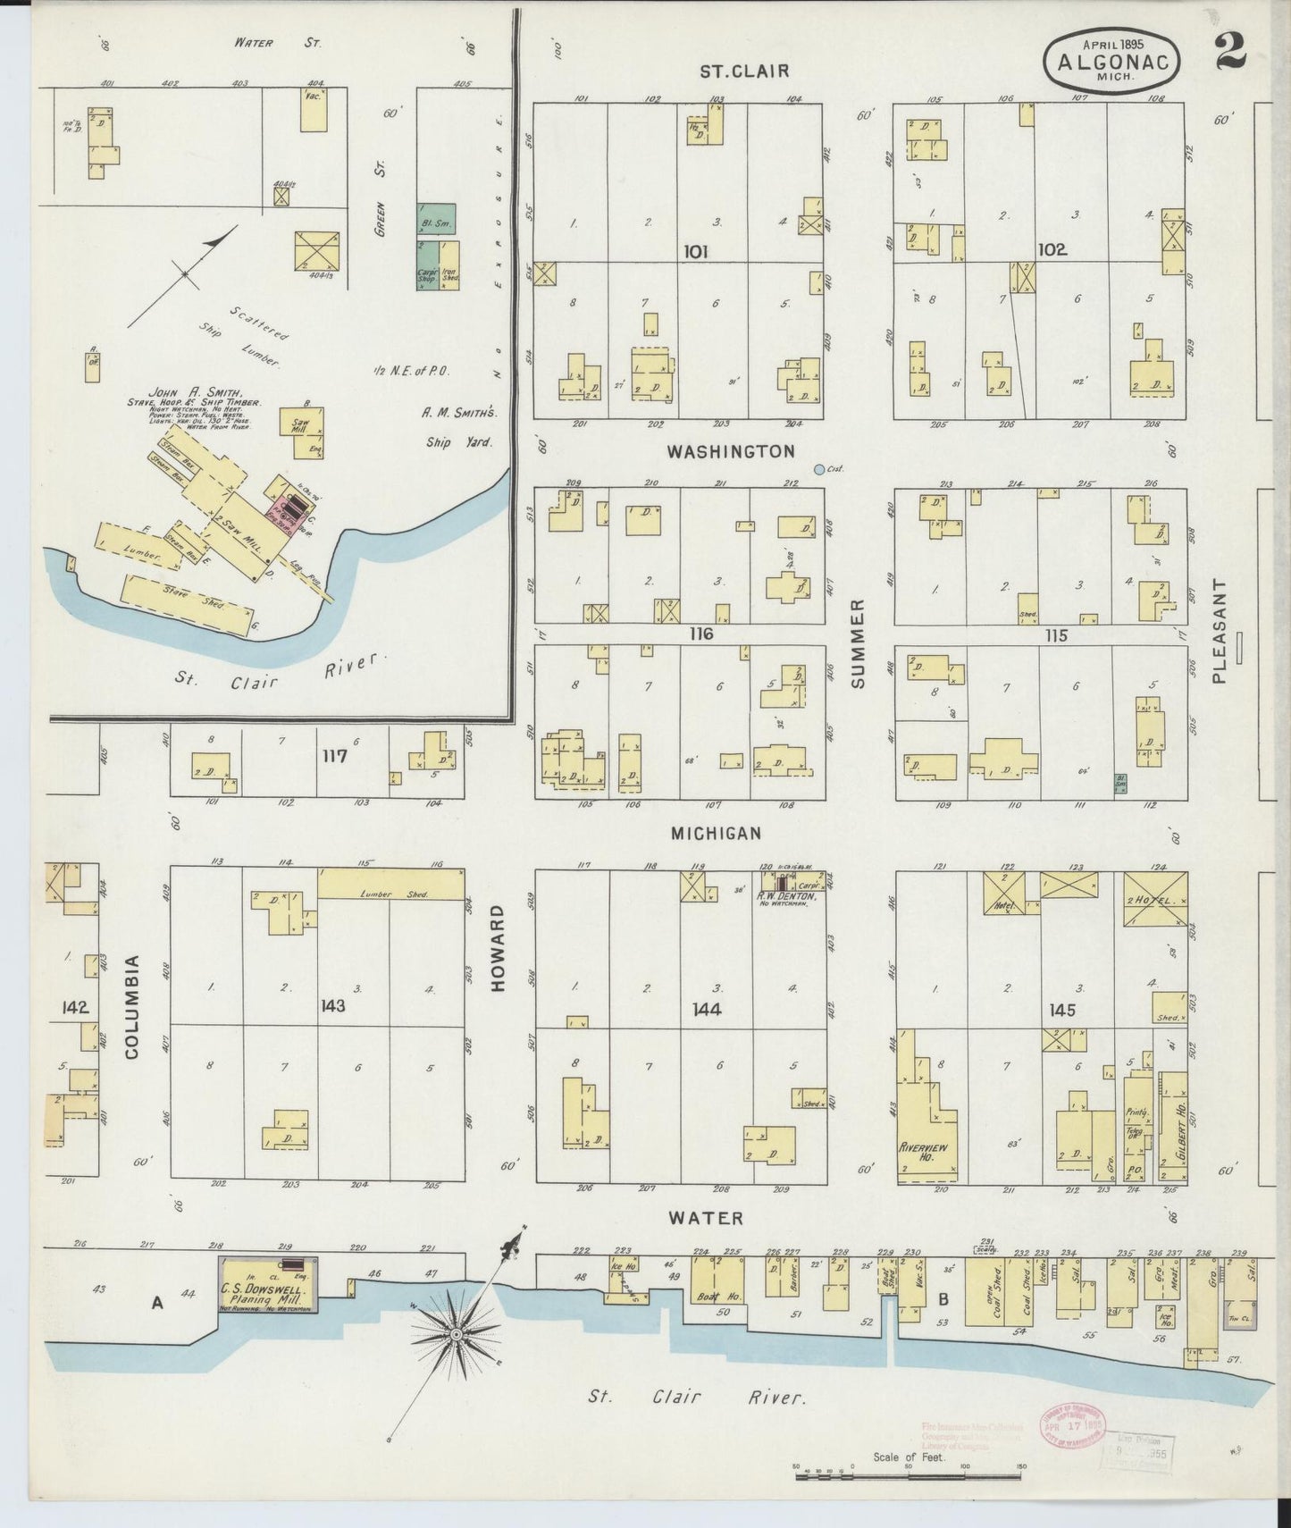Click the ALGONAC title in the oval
pos(1113,63)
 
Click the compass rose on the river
pos(457,1335)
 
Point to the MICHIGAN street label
pos(717,833)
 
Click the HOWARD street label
pos(498,948)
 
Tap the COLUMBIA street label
pos(132,1006)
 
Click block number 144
pos(712,1010)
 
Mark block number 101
pos(695,252)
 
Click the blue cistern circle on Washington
pos(819,468)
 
